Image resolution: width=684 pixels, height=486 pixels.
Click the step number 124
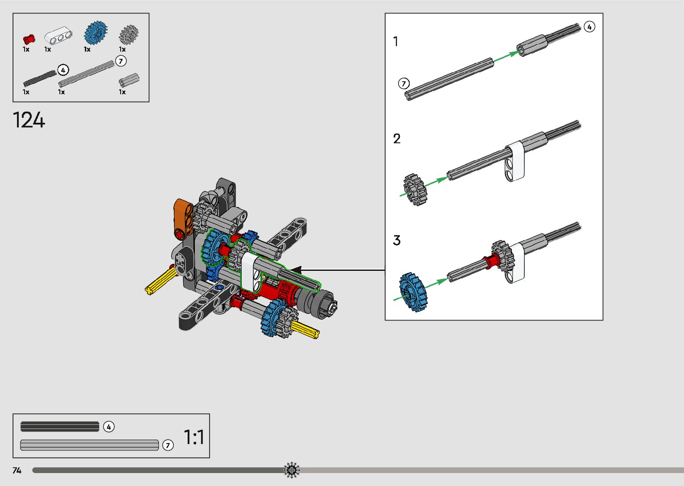tap(29, 120)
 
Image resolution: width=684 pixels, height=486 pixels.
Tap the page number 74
tap(17, 470)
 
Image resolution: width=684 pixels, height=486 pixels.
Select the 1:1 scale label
tap(194, 437)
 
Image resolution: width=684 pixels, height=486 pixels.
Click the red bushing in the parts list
tap(29, 39)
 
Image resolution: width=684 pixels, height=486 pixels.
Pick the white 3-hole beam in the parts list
tap(58, 35)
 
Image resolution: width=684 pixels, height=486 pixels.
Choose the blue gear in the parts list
tap(96, 33)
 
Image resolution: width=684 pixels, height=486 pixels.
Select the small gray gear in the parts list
tap(129, 34)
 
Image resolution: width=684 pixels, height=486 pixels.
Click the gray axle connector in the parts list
tap(129, 80)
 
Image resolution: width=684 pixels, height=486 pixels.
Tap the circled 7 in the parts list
tap(121, 61)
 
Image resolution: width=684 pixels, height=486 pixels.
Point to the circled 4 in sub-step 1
tap(589, 27)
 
